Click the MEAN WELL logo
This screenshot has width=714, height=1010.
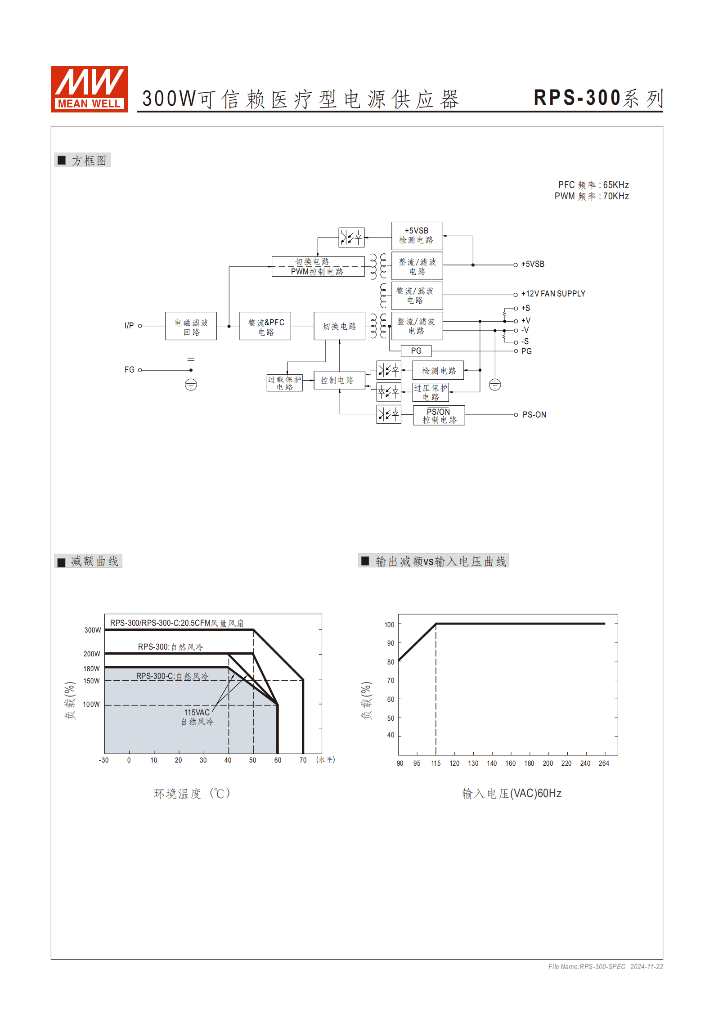pos(89,89)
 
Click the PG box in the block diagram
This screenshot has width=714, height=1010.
pos(416,351)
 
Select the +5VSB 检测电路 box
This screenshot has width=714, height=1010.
pos(417,236)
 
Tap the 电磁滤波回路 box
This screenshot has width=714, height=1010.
pos(191,326)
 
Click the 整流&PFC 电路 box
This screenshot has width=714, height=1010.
pos(265,326)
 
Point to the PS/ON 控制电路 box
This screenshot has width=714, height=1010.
pos(439,416)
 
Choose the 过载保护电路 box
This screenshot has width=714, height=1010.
pos(284,383)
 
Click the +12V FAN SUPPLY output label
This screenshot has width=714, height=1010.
pos(553,294)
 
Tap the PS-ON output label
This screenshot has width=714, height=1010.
pos(534,415)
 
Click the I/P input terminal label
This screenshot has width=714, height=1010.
pos(129,326)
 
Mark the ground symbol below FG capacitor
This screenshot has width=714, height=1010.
pos(191,385)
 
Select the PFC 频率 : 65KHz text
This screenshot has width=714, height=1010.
pos(593,185)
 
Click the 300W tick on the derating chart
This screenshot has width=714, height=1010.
pos(93,630)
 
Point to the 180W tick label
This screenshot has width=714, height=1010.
pos(91,669)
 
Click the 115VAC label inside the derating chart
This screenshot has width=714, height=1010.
pos(197,713)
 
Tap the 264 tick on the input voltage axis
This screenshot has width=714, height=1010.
pos(604,763)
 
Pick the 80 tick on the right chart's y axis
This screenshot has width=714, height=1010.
pos(391,662)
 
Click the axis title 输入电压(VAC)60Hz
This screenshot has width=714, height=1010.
pos(512,793)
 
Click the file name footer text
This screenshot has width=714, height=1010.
pos(605,966)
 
